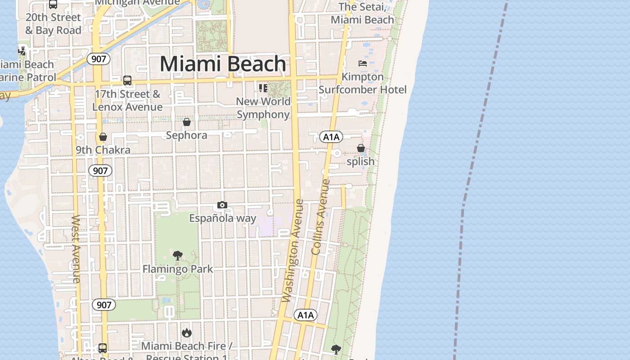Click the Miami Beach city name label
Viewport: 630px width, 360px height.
click(223, 64)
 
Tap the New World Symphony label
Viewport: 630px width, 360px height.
click(263, 108)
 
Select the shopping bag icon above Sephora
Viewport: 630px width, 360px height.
click(187, 122)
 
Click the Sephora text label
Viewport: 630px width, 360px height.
click(187, 135)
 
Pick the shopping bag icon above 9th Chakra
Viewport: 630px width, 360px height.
click(103, 137)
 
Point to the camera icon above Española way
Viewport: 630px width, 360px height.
click(222, 205)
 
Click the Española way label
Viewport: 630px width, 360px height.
click(223, 218)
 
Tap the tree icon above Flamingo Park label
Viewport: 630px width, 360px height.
click(178, 256)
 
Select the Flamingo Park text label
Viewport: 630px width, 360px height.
click(178, 269)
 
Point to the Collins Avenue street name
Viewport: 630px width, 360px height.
click(321, 217)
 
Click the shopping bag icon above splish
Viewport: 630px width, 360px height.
click(360, 148)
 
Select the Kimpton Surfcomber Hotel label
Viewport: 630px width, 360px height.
click(363, 83)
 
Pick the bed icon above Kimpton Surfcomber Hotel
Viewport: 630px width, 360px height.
click(362, 63)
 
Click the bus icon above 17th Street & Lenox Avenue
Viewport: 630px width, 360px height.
click(127, 81)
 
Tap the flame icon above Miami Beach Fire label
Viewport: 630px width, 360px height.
click(187, 333)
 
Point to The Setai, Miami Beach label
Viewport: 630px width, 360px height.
click(362, 13)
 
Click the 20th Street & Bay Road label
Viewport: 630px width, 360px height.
click(53, 24)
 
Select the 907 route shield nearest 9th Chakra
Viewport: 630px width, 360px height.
click(100, 171)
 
